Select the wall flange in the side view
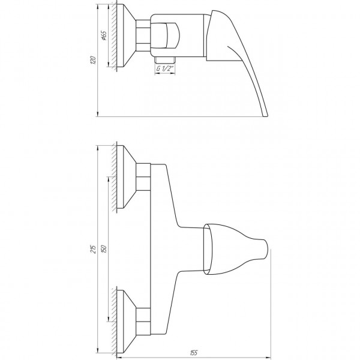[x=126, y=35]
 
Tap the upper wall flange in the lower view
[x=126, y=177]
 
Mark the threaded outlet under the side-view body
[x=164, y=59]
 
